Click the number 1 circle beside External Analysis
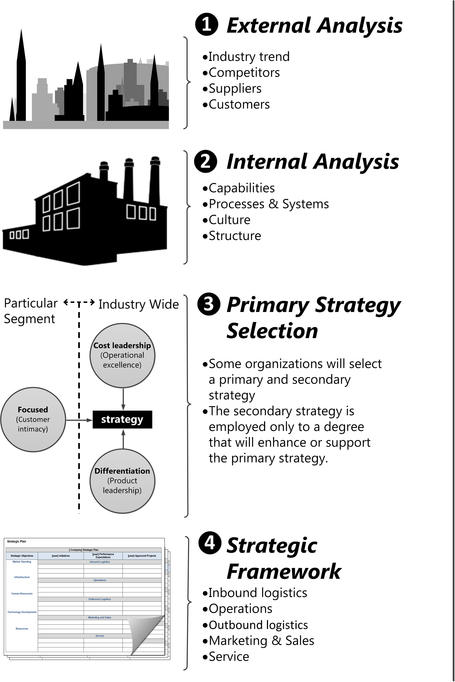[x=207, y=24]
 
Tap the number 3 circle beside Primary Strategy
[x=209, y=304]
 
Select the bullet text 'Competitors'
[x=244, y=72]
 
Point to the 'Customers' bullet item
[x=239, y=104]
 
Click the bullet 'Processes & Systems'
[x=269, y=204]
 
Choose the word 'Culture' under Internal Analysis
[x=229, y=220]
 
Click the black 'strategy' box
[x=122, y=419]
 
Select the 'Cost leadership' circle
[x=122, y=355]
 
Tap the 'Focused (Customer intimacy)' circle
[x=33, y=419]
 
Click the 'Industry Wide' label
[x=138, y=304]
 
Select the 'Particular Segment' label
[x=30, y=311]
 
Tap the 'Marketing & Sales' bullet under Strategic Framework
[x=261, y=641]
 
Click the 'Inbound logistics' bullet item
[x=258, y=593]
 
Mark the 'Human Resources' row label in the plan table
[x=22, y=594]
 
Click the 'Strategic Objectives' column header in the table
[x=22, y=556]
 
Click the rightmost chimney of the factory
[x=155, y=180]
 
